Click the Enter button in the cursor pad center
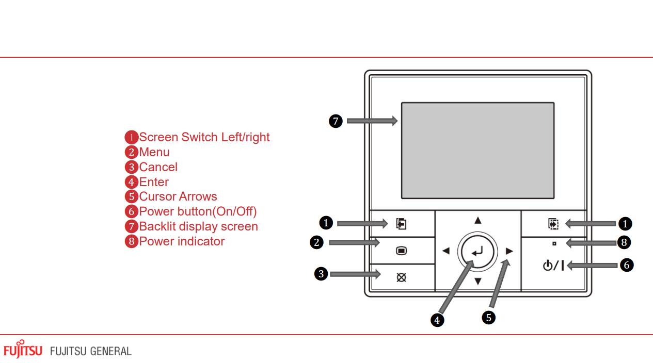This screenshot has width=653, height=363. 477,251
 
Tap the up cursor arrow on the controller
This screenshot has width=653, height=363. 478,221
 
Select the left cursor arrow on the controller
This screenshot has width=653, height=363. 446,251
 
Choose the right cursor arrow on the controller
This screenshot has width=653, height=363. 509,251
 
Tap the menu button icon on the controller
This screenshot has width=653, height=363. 402,251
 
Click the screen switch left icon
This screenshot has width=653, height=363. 401,224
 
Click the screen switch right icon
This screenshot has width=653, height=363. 553,224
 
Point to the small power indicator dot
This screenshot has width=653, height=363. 554,243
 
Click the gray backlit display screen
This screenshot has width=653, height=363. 477,150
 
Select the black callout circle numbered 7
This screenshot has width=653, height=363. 336,122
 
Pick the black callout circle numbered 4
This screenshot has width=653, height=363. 437,320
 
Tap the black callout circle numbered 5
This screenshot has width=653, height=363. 488,317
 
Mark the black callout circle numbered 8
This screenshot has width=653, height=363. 624,242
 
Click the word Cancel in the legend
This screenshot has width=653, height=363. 158,167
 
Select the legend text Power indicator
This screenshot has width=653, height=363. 182,241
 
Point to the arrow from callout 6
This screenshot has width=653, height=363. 592,266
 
